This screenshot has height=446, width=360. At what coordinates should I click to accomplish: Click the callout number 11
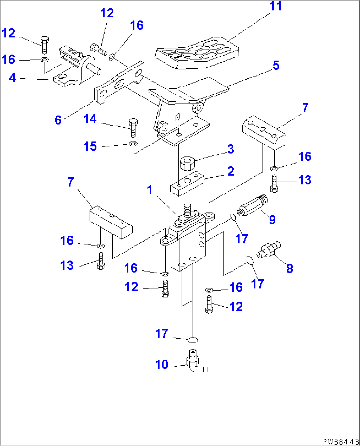click(x=275, y=6)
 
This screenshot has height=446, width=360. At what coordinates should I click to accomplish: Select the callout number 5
click(x=276, y=65)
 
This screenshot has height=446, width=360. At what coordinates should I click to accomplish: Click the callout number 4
click(x=12, y=78)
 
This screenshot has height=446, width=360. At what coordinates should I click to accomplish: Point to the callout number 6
click(x=58, y=120)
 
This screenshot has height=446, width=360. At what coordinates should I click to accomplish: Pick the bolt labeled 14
click(x=133, y=127)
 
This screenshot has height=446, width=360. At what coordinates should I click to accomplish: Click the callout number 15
click(x=90, y=146)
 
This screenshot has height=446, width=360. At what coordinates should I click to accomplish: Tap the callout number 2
click(x=231, y=171)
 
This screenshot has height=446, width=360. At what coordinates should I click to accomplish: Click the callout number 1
click(x=150, y=190)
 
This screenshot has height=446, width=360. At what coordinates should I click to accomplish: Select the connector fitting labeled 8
click(x=269, y=250)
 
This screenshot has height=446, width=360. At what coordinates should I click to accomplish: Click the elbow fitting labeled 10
click(x=196, y=362)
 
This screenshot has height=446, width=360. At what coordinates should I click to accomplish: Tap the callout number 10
click(x=162, y=365)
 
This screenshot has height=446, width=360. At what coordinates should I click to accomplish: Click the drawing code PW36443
click(x=341, y=441)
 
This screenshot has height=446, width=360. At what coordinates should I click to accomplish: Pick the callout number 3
click(x=231, y=149)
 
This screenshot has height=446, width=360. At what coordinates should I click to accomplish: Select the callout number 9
click(x=272, y=220)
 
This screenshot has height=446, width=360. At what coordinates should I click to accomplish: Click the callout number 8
click(x=289, y=268)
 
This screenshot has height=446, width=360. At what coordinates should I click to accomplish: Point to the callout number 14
click(x=90, y=119)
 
